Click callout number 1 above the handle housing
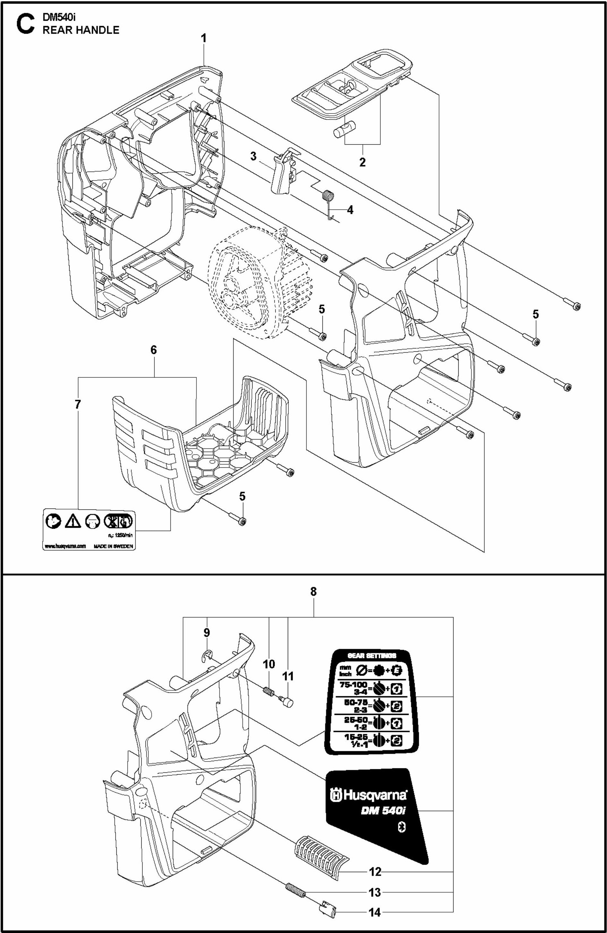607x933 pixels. (204, 38)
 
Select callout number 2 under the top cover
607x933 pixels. (362, 162)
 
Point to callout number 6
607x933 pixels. (154, 350)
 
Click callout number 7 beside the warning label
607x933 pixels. (78, 404)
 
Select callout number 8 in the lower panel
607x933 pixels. (313, 592)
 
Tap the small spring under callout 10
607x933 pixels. (268, 692)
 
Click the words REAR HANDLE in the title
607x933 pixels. (81, 30)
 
